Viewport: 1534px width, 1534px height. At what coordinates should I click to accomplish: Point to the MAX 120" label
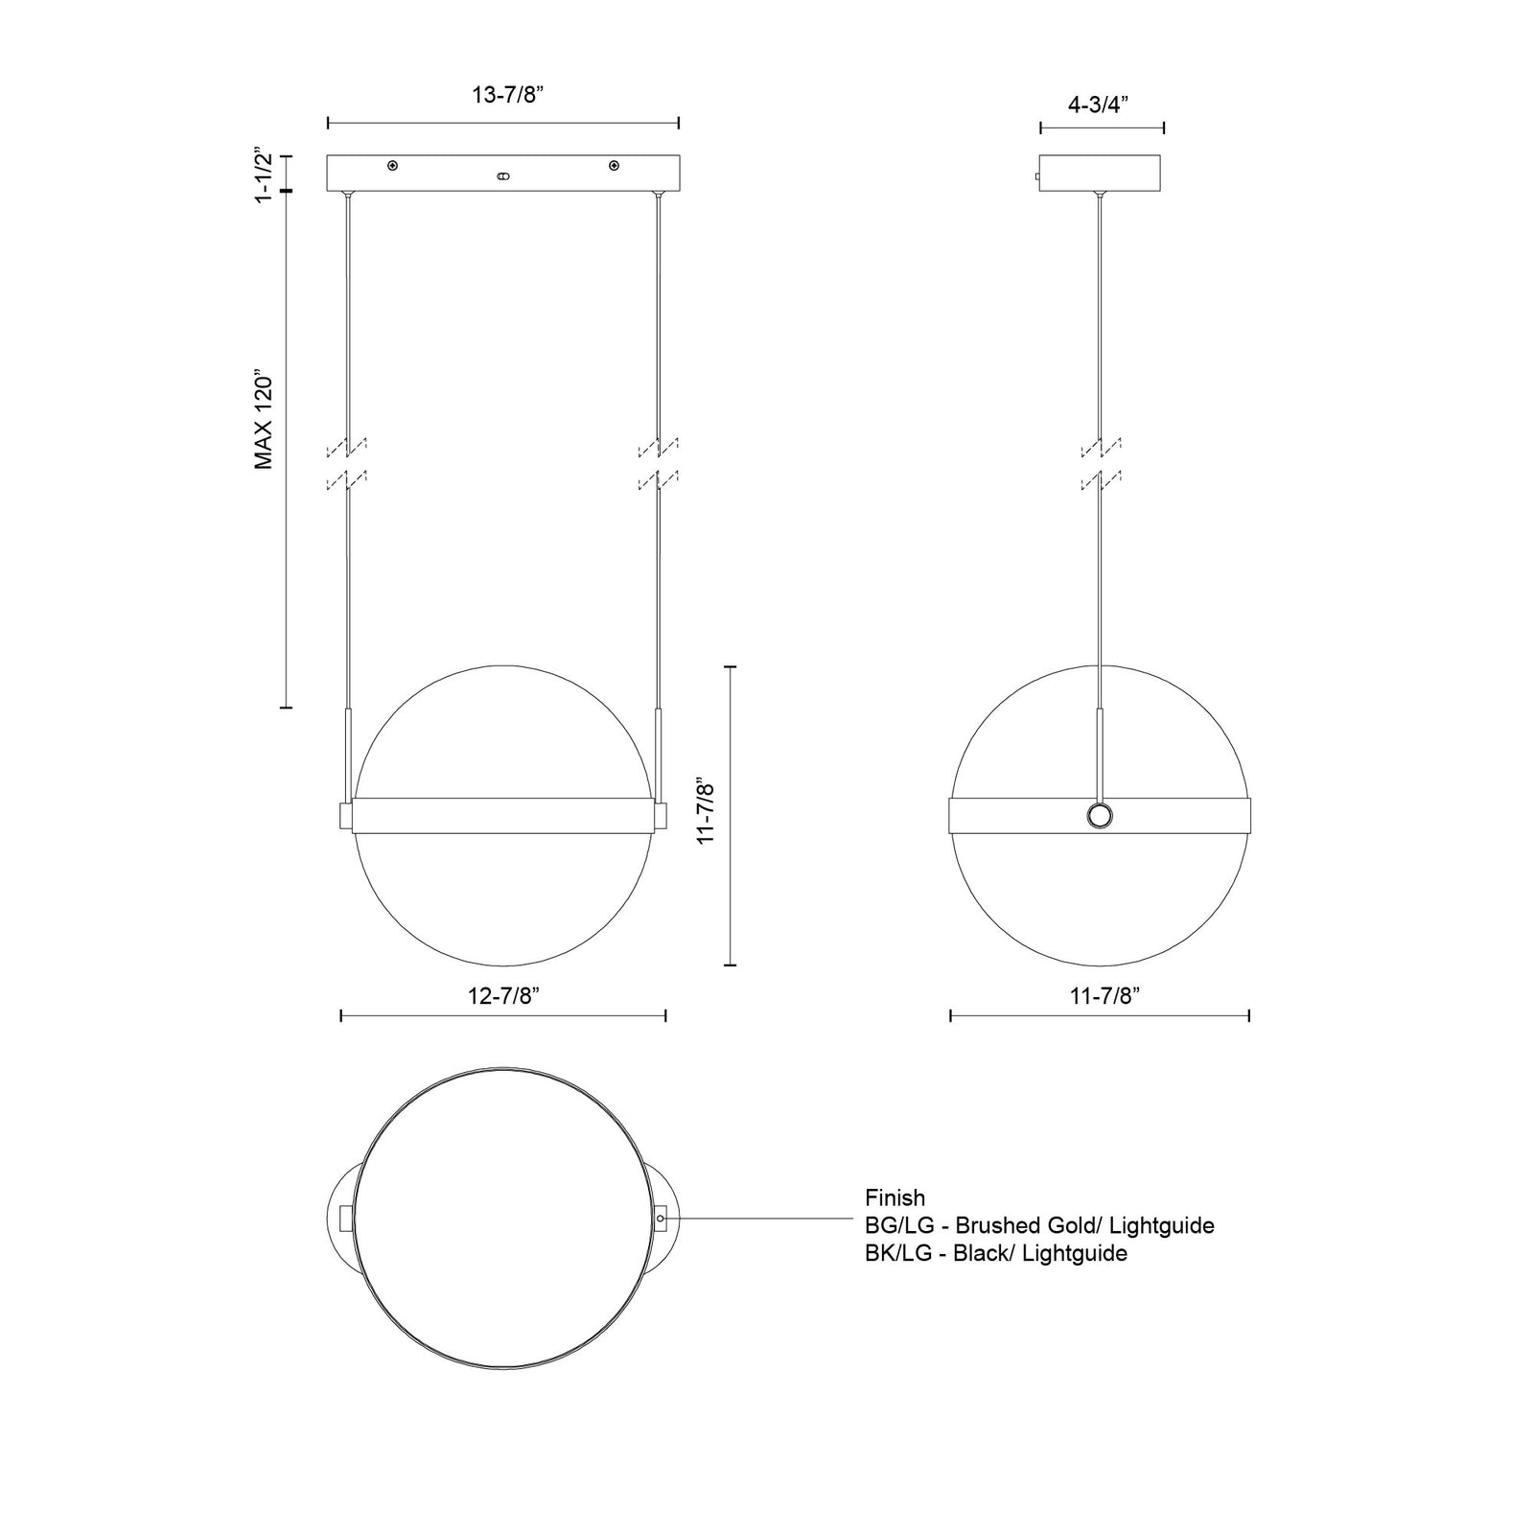[x=264, y=419]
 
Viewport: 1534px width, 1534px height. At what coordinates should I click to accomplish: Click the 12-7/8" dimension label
[x=504, y=995]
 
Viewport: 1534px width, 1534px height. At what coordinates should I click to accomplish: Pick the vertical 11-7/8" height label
[x=707, y=810]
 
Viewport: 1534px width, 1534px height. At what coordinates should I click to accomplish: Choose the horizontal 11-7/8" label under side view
[x=1103, y=996]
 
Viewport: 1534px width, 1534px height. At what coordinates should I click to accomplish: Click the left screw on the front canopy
[x=392, y=166]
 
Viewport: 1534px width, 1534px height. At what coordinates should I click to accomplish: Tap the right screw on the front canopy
[x=614, y=166]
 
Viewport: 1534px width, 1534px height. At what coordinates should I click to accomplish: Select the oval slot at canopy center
[x=502, y=176]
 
